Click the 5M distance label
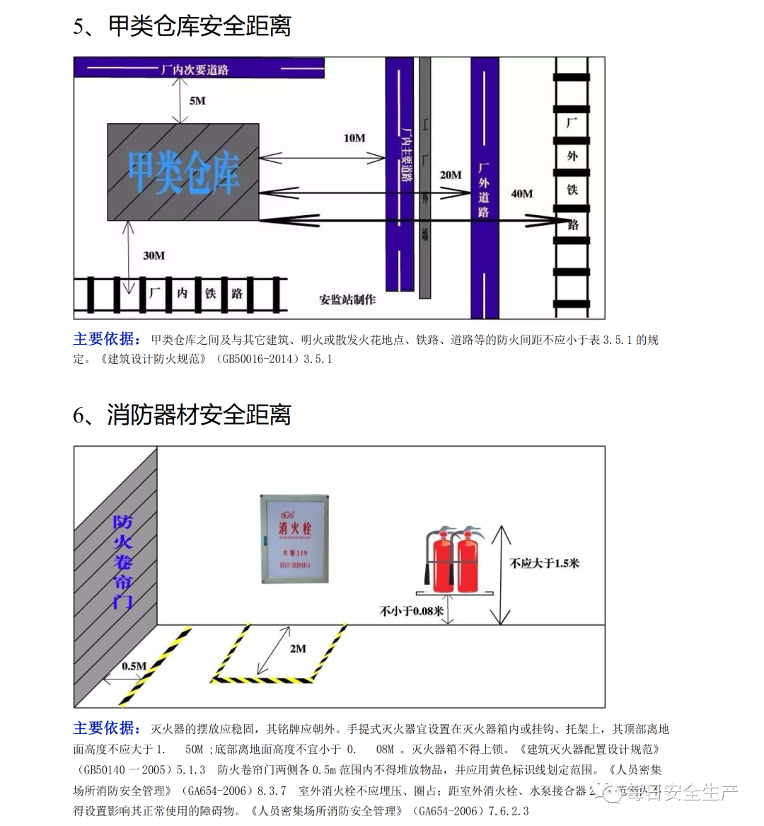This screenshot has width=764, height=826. click(197, 101)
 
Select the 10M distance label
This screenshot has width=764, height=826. click(354, 138)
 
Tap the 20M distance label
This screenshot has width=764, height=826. click(451, 175)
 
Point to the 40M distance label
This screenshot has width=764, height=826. click(522, 193)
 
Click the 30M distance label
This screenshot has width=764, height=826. click(154, 256)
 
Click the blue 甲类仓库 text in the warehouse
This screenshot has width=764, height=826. click(183, 172)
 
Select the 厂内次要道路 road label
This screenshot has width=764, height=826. click(195, 69)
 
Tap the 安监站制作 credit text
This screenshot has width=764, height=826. click(347, 299)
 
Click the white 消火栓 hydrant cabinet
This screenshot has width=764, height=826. click(295, 539)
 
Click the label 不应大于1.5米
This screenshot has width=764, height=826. click(544, 563)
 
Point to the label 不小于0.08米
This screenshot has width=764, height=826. click(411, 611)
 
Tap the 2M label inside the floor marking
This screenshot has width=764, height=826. click(298, 648)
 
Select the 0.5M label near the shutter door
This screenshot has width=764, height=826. click(134, 666)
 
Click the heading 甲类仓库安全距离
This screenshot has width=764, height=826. click(199, 26)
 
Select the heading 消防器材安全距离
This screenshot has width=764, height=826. click(199, 415)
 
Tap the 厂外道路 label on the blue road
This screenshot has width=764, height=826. click(484, 190)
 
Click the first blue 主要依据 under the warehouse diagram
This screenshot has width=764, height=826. click(107, 339)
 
